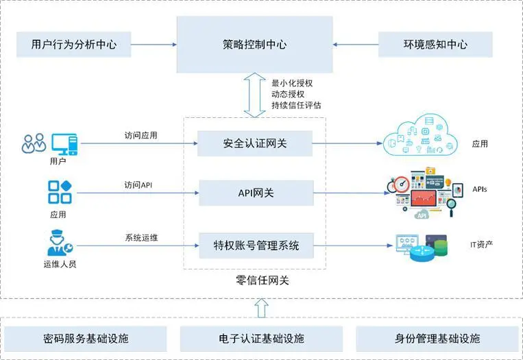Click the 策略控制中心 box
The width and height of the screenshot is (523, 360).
coord(254,45)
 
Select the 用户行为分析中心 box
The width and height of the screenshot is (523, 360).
coord(74,45)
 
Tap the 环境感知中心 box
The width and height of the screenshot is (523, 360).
coord(435,45)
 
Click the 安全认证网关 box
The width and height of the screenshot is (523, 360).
coord(255,143)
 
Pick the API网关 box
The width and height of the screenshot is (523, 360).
coord(256,193)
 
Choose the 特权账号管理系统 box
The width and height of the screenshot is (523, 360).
coord(256,245)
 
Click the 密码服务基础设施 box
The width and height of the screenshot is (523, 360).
coord(86,339)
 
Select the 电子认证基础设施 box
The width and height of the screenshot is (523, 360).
coord(262,339)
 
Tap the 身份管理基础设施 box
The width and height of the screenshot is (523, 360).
coord(437,339)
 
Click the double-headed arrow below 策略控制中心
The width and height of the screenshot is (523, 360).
coord(254,95)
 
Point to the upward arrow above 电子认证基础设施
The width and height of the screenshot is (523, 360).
coord(262,308)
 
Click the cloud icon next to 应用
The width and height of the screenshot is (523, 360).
coord(420,136)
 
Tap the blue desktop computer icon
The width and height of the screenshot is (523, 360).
coord(64,144)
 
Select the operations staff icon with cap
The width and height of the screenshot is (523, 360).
coord(60,243)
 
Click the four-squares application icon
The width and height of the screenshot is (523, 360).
coord(60,192)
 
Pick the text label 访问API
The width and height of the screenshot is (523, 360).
coord(138,185)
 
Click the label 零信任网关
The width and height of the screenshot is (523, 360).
coord(262,280)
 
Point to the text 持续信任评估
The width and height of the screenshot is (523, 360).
coord(296,106)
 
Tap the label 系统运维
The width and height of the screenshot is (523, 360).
coord(141,237)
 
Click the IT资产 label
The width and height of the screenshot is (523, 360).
coord(481,245)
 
